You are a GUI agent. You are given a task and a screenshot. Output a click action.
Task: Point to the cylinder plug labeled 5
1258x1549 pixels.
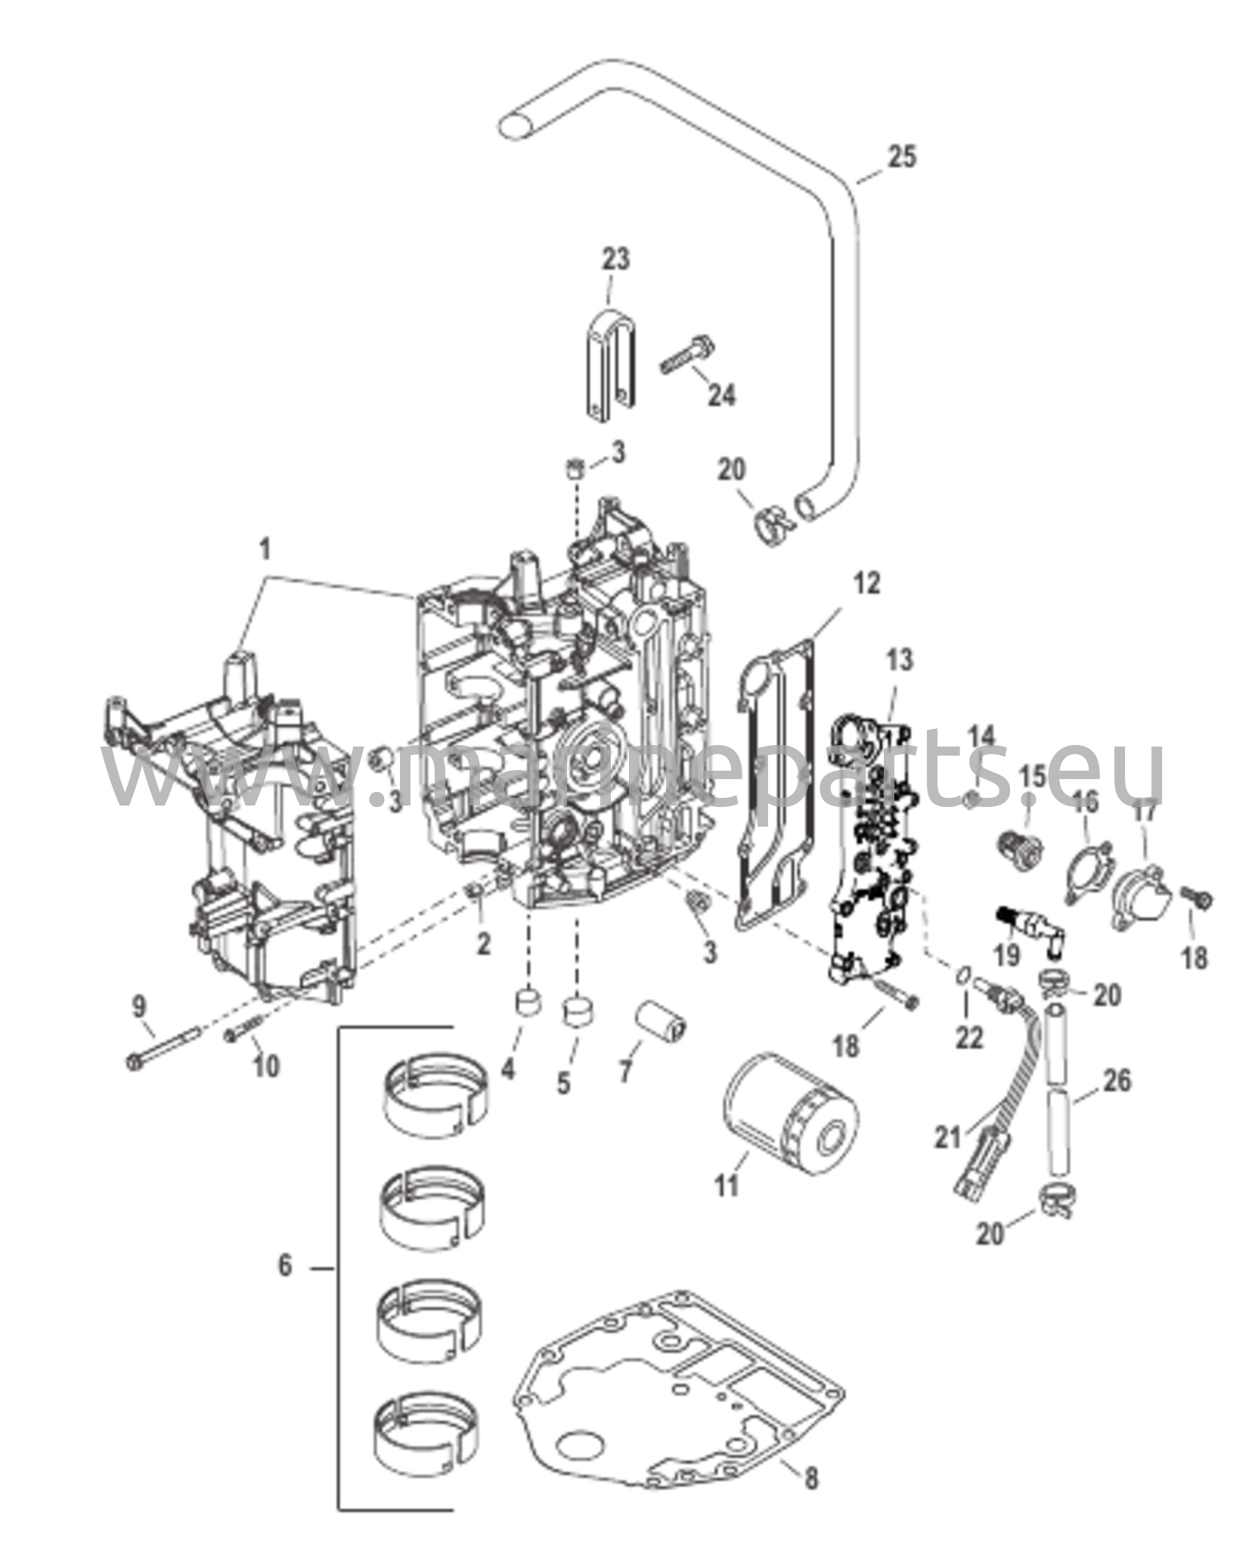coord(579,1011)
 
